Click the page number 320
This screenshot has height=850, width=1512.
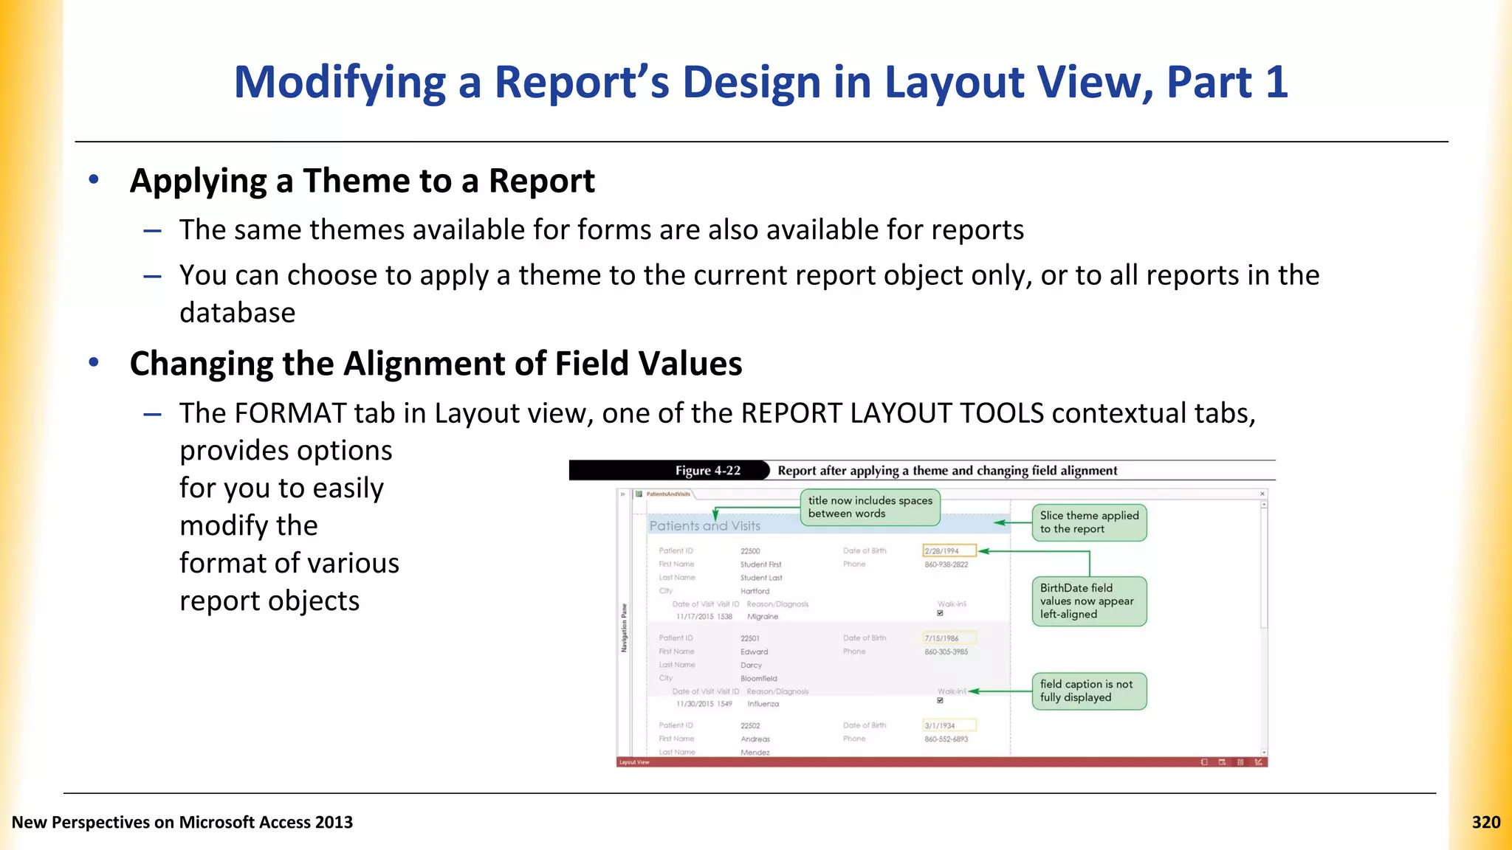tap(1485, 822)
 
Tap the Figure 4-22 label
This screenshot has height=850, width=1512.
tap(707, 471)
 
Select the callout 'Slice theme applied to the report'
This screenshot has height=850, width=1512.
tap(1089, 522)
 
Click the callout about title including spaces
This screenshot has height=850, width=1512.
tap(870, 507)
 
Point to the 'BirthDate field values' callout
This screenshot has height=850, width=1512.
tap(1088, 601)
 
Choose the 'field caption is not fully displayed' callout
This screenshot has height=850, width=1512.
tap(1088, 691)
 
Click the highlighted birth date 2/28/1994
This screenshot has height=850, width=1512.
tap(949, 551)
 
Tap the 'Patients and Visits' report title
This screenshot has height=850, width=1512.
tap(704, 526)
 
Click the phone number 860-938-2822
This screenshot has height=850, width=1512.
tap(946, 564)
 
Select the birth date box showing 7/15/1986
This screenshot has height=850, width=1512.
tap(949, 638)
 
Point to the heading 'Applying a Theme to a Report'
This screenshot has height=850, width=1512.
tap(362, 182)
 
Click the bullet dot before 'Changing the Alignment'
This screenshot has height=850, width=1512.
tap(94, 362)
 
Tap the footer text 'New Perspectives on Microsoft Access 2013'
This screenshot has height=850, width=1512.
tap(182, 822)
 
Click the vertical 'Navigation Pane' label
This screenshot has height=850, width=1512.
tap(624, 627)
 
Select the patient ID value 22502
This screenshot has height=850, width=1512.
tap(750, 726)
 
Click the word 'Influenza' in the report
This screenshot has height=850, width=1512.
tap(763, 704)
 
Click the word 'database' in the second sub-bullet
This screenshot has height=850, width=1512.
tap(237, 313)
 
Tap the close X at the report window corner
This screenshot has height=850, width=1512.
tap(1262, 494)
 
